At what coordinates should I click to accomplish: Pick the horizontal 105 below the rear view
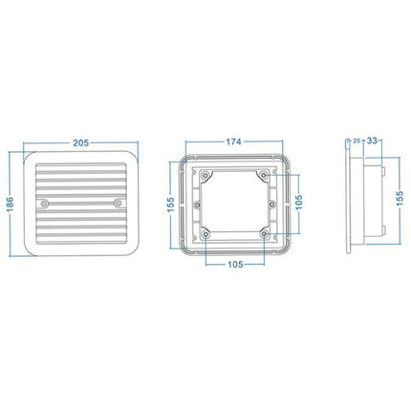coord(234,264)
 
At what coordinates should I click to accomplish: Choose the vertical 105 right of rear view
coord(300,204)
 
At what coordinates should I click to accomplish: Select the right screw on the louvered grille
coord(117,204)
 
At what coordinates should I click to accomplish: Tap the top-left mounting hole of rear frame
coord(205,173)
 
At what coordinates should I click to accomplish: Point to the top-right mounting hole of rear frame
coord(264,173)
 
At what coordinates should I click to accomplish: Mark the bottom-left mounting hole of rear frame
coord(205,234)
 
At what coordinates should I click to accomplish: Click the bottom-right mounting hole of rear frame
coord(264,234)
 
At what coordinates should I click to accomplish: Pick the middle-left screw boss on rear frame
coord(198,204)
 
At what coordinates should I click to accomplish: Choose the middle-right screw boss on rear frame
coord(271,204)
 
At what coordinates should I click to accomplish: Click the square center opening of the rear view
coord(234,204)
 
